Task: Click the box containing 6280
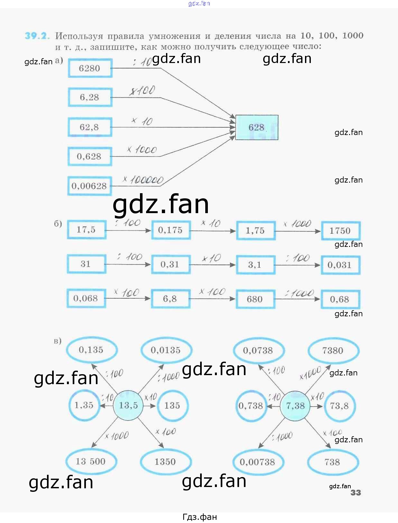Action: coord(90,68)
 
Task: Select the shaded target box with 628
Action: coord(256,127)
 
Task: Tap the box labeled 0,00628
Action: coord(89,186)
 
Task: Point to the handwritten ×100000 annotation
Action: coord(143,180)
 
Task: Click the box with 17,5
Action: coord(87,230)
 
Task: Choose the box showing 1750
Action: coord(340,230)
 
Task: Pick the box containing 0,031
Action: coord(340,265)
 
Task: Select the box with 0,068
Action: coord(86,298)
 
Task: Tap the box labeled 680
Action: coord(255,299)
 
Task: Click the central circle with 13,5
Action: coord(128,405)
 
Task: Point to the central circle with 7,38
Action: coord(295,406)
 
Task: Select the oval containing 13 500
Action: coord(91,461)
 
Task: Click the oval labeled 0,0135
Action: coord(166,350)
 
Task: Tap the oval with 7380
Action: coord(333,350)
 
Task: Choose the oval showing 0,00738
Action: coord(257,462)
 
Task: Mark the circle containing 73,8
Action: coord(339,406)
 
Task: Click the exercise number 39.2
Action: coord(37,36)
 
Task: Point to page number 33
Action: coord(356,492)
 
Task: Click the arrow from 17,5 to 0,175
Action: coord(129,230)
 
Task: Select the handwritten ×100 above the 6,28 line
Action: coord(143,91)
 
